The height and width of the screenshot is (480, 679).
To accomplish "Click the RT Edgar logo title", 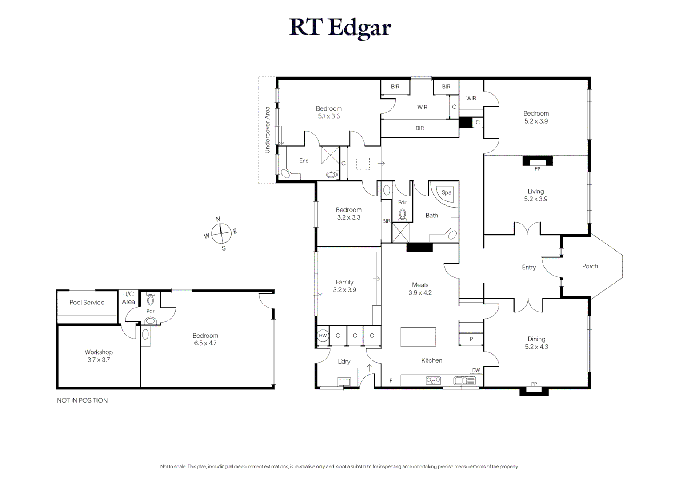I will tap(340, 27).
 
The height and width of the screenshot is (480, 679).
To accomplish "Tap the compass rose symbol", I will tap(221, 233).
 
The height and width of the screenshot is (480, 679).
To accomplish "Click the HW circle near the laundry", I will tap(323, 336).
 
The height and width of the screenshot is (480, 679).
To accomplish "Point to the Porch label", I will tap(590, 266).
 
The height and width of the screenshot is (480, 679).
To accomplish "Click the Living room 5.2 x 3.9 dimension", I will tap(535, 199).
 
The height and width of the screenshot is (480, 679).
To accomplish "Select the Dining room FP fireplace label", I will tap(534, 384).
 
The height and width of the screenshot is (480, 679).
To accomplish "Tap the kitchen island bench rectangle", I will tap(418, 336).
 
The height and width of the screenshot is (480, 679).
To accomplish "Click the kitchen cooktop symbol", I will tap(433, 380).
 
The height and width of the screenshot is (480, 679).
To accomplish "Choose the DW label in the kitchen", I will tap(476, 370).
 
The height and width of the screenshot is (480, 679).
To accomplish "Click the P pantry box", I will tap(471, 339).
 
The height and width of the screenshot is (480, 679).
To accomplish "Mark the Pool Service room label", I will tap(87, 302).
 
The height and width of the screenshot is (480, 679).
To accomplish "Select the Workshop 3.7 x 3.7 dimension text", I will tap(99, 360).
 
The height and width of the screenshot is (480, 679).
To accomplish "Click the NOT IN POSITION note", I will tap(82, 400).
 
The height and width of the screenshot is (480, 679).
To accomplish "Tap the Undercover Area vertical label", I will tap(267, 130).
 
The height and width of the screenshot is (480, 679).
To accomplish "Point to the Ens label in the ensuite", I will tap(304, 160).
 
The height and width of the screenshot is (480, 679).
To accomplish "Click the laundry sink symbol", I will tap(344, 382).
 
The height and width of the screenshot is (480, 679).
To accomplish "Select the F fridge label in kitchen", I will tap(391, 381).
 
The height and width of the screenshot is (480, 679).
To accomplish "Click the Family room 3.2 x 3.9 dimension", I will tap(344, 290).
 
